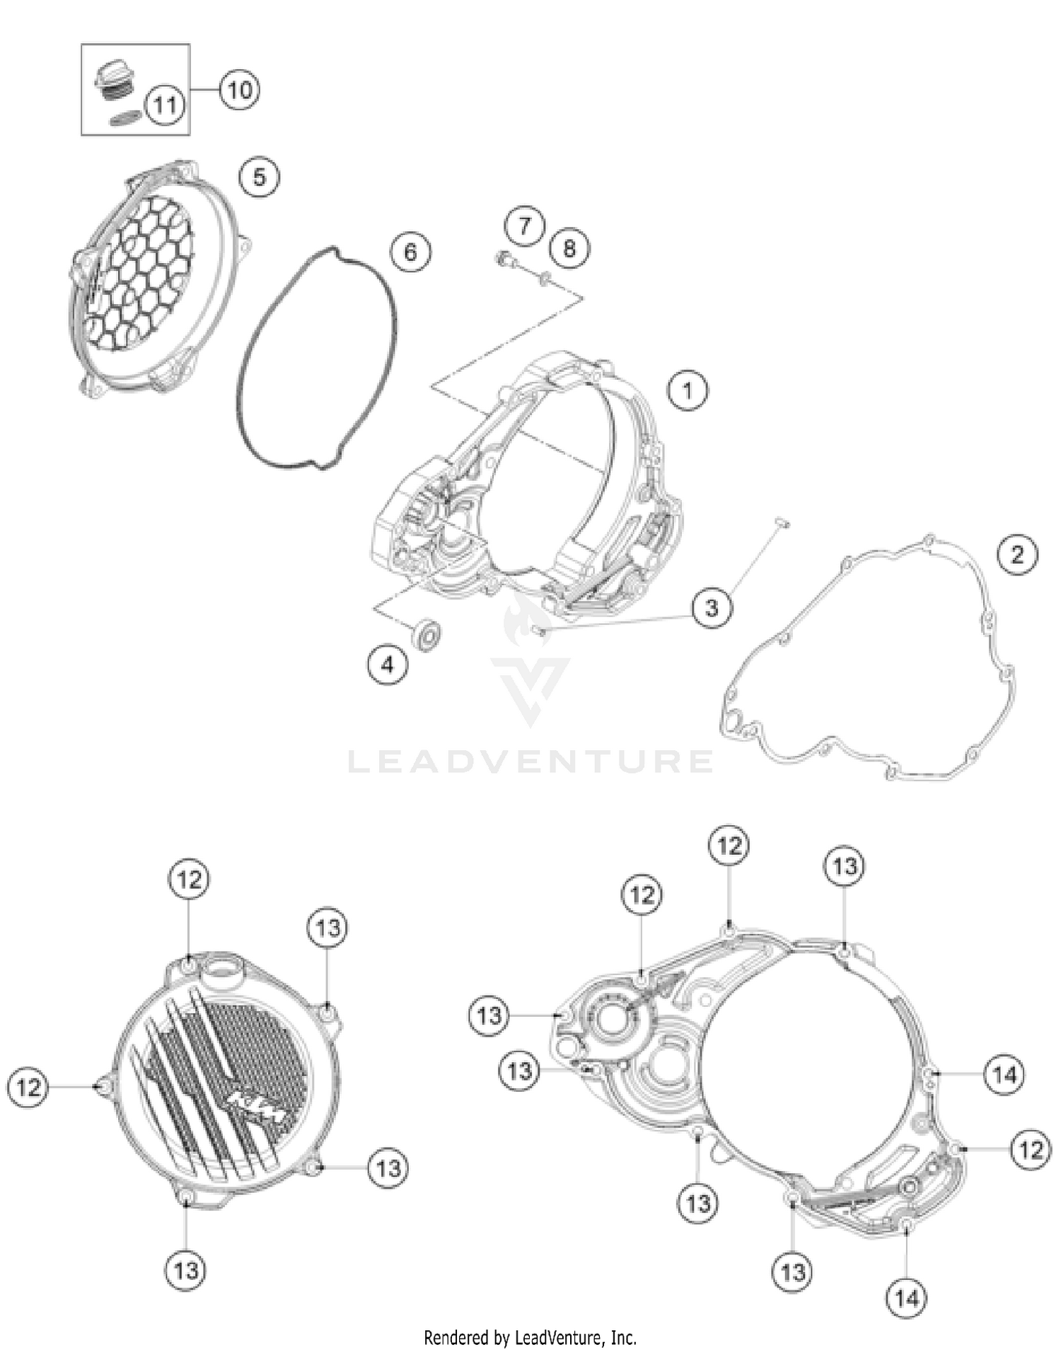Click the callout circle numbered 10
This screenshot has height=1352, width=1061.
(x=239, y=90)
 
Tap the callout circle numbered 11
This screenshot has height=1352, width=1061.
(x=165, y=105)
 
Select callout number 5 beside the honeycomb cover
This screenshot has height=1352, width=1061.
(x=260, y=177)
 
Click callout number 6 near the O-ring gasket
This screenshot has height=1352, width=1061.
(x=410, y=252)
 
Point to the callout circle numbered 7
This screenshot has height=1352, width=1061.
(x=524, y=226)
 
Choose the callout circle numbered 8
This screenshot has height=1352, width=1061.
(x=569, y=248)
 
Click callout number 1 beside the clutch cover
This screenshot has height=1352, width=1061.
(x=688, y=390)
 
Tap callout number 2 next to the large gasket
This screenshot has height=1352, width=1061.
(x=1017, y=554)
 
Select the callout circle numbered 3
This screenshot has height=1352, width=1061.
(x=712, y=608)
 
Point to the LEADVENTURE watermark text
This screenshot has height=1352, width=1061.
(x=530, y=762)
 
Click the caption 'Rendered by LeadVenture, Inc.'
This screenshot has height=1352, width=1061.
(x=530, y=1337)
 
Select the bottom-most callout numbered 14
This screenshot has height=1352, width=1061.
(x=907, y=1298)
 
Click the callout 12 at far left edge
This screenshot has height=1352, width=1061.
(x=28, y=1086)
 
